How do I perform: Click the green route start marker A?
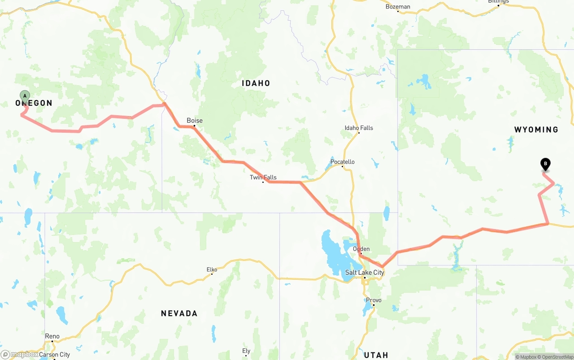[x=25, y=96]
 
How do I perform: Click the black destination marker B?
[x=545, y=165]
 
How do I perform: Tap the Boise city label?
[x=195, y=120]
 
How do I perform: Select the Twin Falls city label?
[x=263, y=177]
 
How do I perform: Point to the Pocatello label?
[x=342, y=162]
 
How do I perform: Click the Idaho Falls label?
[x=359, y=128]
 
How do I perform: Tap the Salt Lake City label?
[x=365, y=273]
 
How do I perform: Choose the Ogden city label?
[x=361, y=249]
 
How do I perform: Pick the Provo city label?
[x=374, y=300]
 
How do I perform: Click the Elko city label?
[x=212, y=269]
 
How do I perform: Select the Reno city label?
[x=52, y=336]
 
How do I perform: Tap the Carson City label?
[x=55, y=355]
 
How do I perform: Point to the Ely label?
[x=246, y=351]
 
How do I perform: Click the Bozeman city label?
[x=398, y=7]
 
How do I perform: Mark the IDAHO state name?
[x=256, y=83]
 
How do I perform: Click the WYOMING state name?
[x=536, y=130]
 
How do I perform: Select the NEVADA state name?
[x=179, y=313]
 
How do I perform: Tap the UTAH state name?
[x=376, y=355]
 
